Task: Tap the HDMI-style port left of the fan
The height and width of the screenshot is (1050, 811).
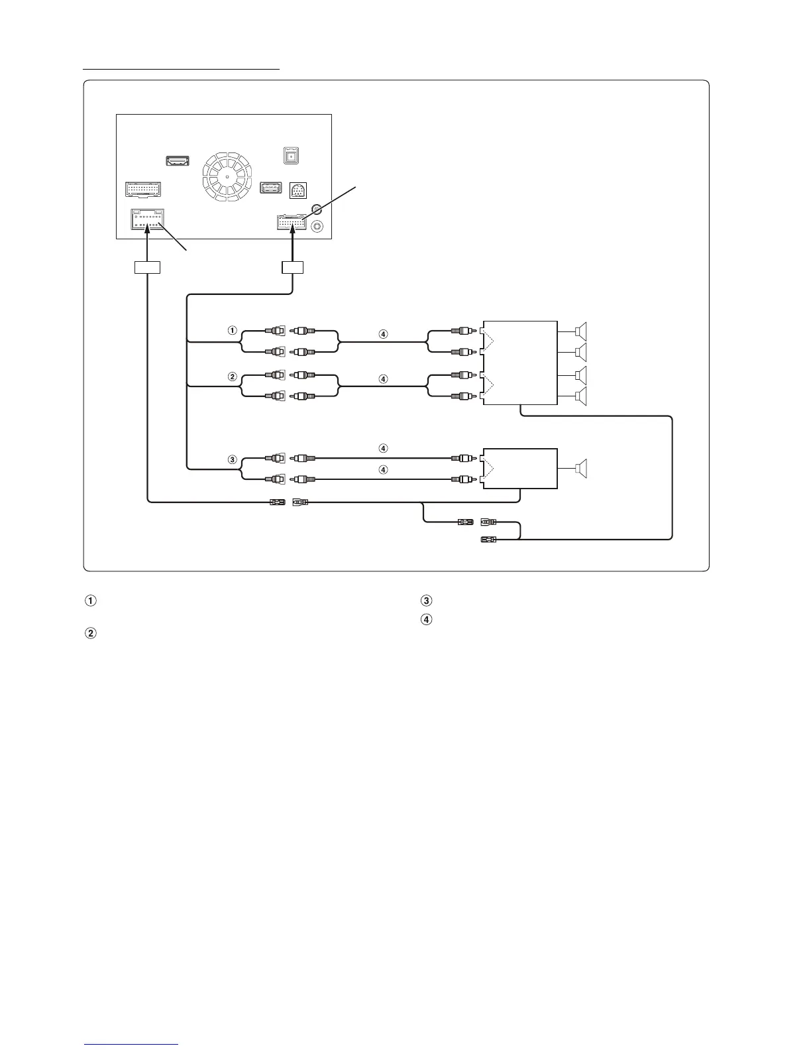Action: [177, 161]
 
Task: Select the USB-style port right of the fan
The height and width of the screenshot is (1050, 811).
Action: [272, 188]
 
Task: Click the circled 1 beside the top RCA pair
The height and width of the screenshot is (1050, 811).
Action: [232, 329]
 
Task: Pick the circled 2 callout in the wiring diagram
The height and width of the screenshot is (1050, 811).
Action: [232, 377]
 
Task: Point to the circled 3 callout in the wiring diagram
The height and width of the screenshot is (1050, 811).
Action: [232, 459]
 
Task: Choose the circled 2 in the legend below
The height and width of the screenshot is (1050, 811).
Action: [90, 634]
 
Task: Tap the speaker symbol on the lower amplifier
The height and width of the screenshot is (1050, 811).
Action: [582, 469]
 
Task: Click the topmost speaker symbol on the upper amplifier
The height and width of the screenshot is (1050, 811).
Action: [582, 329]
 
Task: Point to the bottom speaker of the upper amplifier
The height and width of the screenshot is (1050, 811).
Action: [582, 396]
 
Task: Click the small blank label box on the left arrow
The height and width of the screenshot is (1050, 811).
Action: [148, 268]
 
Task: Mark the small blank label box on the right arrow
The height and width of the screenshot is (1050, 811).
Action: [292, 268]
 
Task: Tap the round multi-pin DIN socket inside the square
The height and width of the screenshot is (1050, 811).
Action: [298, 191]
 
